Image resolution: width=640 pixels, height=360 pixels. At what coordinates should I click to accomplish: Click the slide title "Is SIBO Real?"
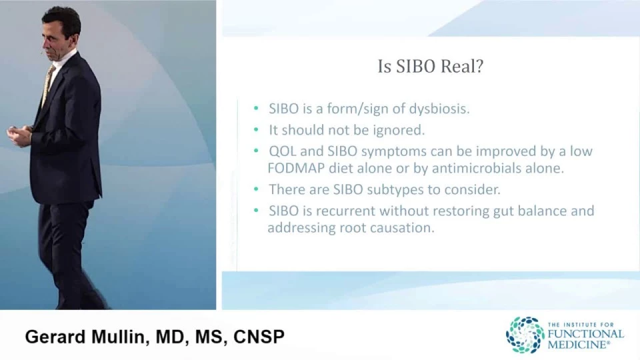tap(430, 67)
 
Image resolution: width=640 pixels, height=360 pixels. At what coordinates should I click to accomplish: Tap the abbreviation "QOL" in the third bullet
tap(283, 151)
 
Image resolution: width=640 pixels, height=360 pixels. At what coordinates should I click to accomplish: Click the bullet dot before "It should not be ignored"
tap(256, 130)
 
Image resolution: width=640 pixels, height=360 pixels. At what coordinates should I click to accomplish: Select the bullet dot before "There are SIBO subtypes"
tap(256, 189)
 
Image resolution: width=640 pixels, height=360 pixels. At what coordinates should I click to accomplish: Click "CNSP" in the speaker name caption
tap(259, 337)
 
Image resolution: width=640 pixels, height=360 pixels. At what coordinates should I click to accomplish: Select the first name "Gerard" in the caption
tap(55, 337)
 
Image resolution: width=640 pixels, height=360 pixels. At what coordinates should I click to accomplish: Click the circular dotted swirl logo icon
tap(525, 335)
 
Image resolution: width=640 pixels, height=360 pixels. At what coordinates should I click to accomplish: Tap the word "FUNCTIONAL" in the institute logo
tap(586, 334)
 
